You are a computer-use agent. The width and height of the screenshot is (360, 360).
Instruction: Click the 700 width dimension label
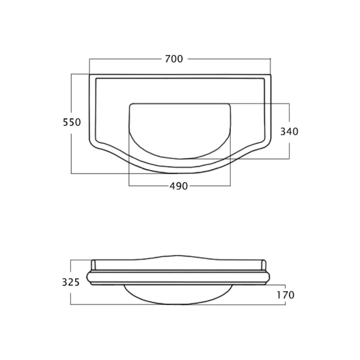[x=174, y=59]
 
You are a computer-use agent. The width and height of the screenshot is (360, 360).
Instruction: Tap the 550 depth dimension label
[x=72, y=122]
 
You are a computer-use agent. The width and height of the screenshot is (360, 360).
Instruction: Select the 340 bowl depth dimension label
[x=289, y=132]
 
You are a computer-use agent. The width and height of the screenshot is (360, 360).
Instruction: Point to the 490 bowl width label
[x=179, y=186]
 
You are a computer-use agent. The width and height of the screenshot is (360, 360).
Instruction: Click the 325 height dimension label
[x=71, y=282]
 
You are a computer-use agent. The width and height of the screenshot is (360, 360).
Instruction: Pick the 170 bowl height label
[x=285, y=295]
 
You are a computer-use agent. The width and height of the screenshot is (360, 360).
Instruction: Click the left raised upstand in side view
[x=93, y=265]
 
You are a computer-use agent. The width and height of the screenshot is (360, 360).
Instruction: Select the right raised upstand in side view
[x=264, y=265]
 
